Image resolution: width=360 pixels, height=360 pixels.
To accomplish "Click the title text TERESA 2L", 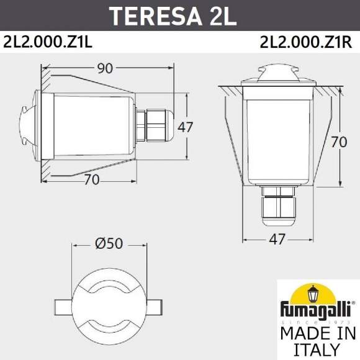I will [180, 14].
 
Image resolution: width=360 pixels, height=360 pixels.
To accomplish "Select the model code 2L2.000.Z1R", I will [306, 42].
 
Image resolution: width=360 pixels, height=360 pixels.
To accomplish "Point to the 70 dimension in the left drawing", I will [91, 181].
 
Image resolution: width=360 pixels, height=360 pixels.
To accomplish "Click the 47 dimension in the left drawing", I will [186, 127].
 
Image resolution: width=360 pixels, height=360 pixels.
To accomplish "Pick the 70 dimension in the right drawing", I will [338, 142].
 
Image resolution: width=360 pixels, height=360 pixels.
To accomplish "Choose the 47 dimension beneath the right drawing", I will [278, 239].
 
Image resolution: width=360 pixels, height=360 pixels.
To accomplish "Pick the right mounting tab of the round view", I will [155, 307].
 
